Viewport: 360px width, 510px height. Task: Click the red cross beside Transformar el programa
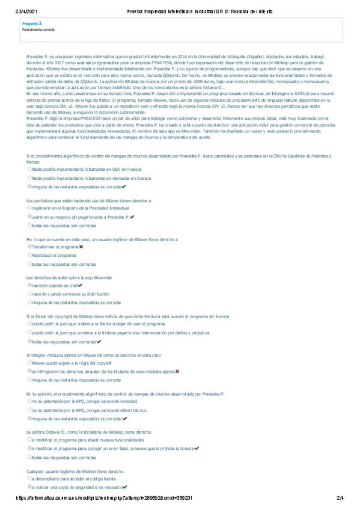pos(81,247)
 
